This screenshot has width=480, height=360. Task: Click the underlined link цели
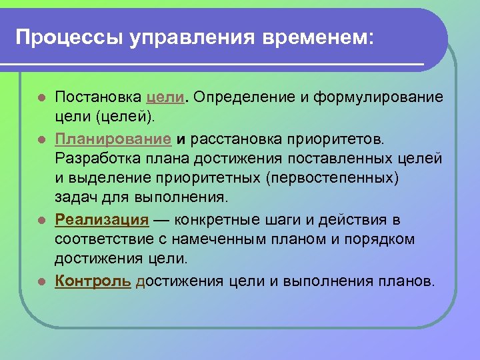(166, 98)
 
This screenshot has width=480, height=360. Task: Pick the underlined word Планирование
(113, 139)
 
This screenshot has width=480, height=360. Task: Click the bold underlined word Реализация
(101, 219)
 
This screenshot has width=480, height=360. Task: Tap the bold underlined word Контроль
(93, 281)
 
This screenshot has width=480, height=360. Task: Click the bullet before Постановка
(41, 99)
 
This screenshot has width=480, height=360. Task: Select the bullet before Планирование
(41, 140)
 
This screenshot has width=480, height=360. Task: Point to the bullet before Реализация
(41, 220)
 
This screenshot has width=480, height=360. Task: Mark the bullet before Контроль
(41, 281)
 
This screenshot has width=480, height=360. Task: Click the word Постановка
(98, 98)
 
